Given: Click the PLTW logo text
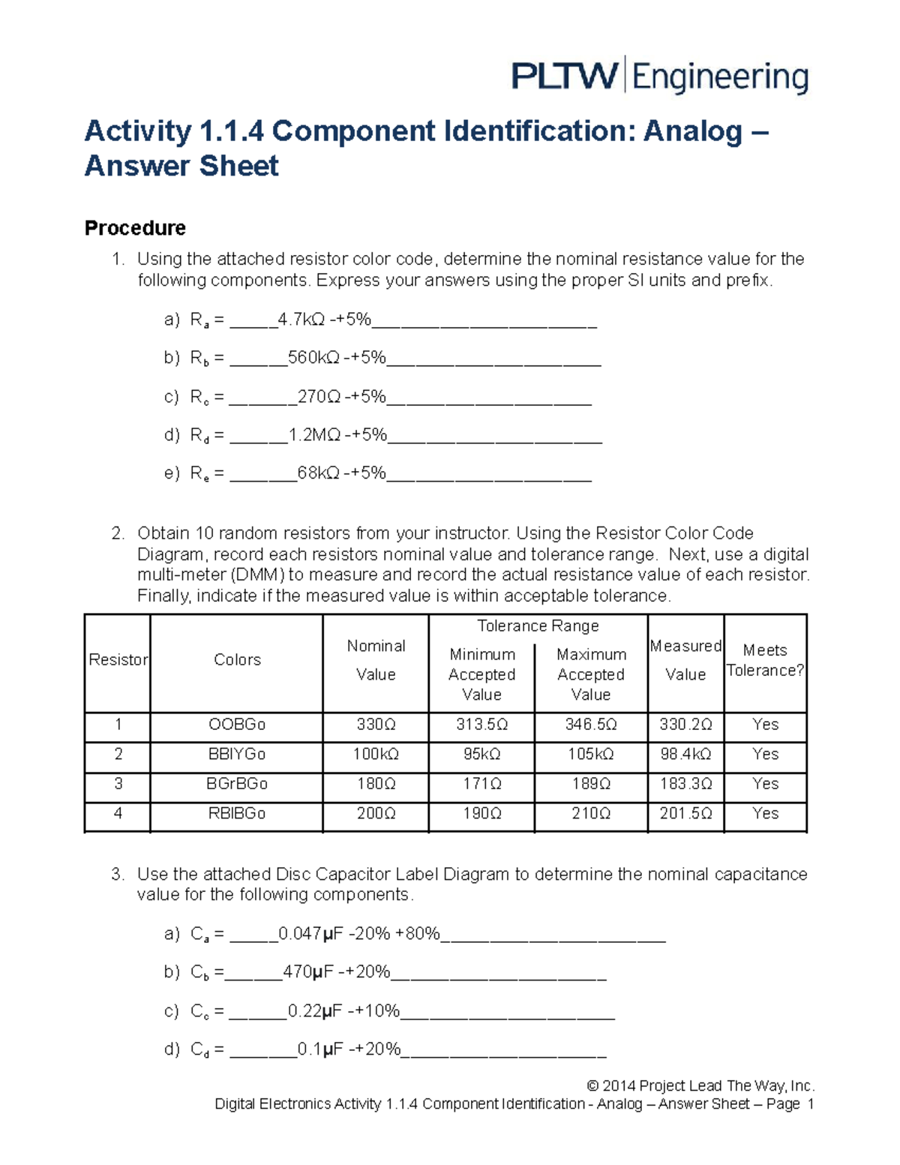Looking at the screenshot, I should point(564,77).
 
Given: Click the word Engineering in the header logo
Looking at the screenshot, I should point(720,78).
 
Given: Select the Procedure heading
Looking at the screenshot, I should point(135,228).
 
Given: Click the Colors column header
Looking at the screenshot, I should point(237,660).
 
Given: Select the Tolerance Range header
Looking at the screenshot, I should point(538,626).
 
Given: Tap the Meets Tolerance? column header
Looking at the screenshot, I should point(765,660).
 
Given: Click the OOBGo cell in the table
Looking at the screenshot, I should point(237,725).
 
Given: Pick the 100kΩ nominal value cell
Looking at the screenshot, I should point(376,754).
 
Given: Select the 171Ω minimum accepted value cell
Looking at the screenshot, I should point(481,784).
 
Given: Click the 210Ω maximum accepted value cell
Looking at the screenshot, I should point(591,814).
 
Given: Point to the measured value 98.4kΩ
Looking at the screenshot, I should point(685,754).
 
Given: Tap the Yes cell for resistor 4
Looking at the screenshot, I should point(765,814).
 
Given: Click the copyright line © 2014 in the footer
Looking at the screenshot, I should point(700,1085).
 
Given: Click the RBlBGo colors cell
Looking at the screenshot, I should point(237,814).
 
